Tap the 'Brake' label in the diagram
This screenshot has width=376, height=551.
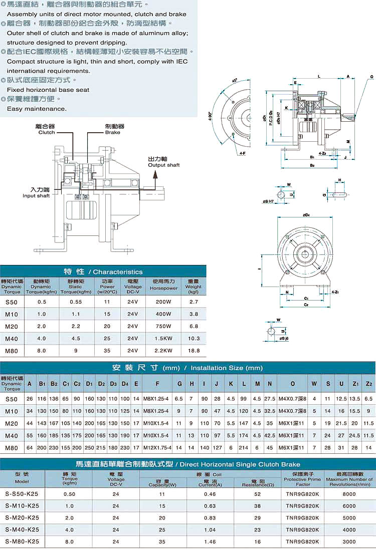(113, 132)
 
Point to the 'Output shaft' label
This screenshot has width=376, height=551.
(163, 165)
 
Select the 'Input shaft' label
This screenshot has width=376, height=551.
(36, 195)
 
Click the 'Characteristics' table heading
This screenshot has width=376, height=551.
(115, 271)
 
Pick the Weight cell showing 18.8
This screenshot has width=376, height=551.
(193, 351)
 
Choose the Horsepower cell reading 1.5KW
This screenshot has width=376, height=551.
(163, 339)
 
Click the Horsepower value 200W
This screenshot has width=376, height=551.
(163, 302)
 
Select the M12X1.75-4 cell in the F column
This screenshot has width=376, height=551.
(157, 447)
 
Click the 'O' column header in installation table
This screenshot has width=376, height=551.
(293, 384)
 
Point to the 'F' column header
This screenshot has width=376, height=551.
(157, 384)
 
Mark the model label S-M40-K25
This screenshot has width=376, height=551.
(22, 529)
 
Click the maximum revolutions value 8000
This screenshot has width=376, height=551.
(349, 493)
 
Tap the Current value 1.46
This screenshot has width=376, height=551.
(210, 541)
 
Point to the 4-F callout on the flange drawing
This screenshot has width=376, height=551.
(242, 152)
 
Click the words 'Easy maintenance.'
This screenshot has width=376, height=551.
(37, 109)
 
